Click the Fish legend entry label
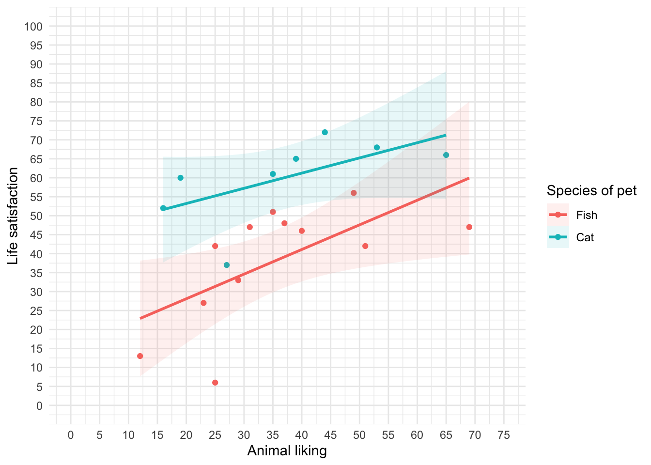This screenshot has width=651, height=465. click(x=586, y=215)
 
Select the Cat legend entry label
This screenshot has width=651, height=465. click(x=585, y=237)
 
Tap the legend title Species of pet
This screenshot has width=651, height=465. click(x=591, y=191)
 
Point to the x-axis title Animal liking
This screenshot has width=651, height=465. click(x=287, y=451)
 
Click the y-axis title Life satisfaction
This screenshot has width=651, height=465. click(x=13, y=216)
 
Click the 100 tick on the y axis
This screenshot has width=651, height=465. click(x=33, y=26)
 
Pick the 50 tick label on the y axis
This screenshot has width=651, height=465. click(x=37, y=216)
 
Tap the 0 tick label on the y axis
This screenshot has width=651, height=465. click(x=40, y=406)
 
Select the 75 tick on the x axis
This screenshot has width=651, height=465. click(x=504, y=435)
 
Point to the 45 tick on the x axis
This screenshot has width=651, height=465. click(x=330, y=435)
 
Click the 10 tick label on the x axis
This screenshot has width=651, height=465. click(x=128, y=435)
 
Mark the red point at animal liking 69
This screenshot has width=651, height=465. click(x=469, y=227)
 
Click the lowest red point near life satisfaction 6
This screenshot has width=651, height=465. click(x=215, y=383)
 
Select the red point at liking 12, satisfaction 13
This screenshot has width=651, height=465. click(x=140, y=356)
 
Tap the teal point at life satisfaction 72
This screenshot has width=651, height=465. click(x=325, y=132)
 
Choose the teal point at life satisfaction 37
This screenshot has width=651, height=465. click(x=227, y=265)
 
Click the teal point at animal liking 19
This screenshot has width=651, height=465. click(x=181, y=178)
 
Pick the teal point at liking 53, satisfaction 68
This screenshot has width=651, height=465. click(x=377, y=147)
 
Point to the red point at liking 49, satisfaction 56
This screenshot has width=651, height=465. click(x=354, y=193)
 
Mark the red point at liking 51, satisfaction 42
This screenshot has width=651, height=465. click(x=365, y=246)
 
